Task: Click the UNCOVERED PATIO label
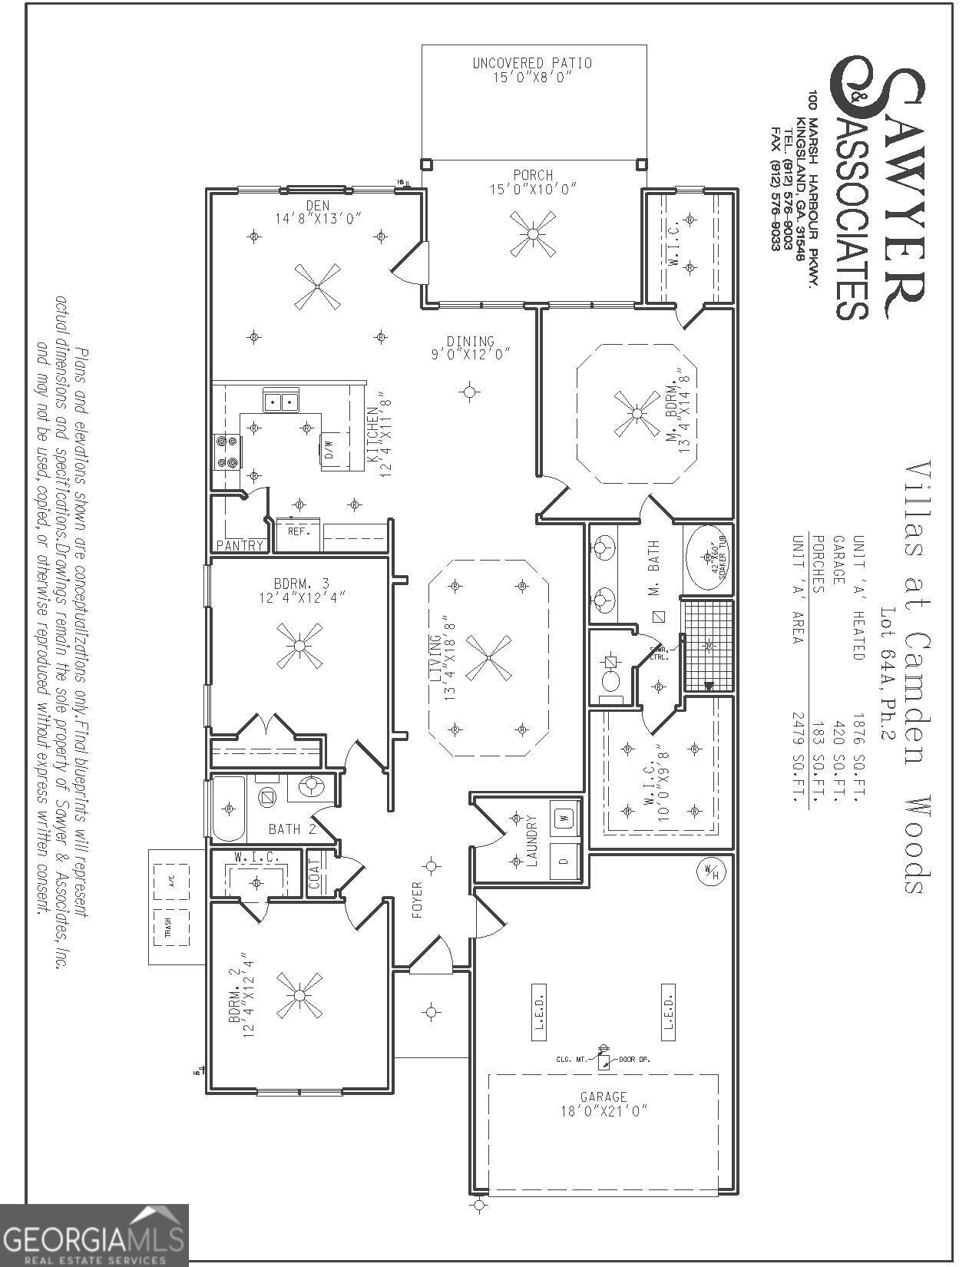[532, 63]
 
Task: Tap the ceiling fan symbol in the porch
[533, 233]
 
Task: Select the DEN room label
[317, 205]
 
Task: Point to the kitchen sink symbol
[281, 401]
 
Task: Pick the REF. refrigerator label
[297, 531]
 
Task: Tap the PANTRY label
[240, 545]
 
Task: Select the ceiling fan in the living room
[488, 657]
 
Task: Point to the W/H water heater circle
[711, 872]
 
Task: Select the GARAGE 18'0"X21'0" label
[604, 1103]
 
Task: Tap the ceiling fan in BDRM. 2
[299, 995]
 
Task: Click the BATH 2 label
[292, 829]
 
